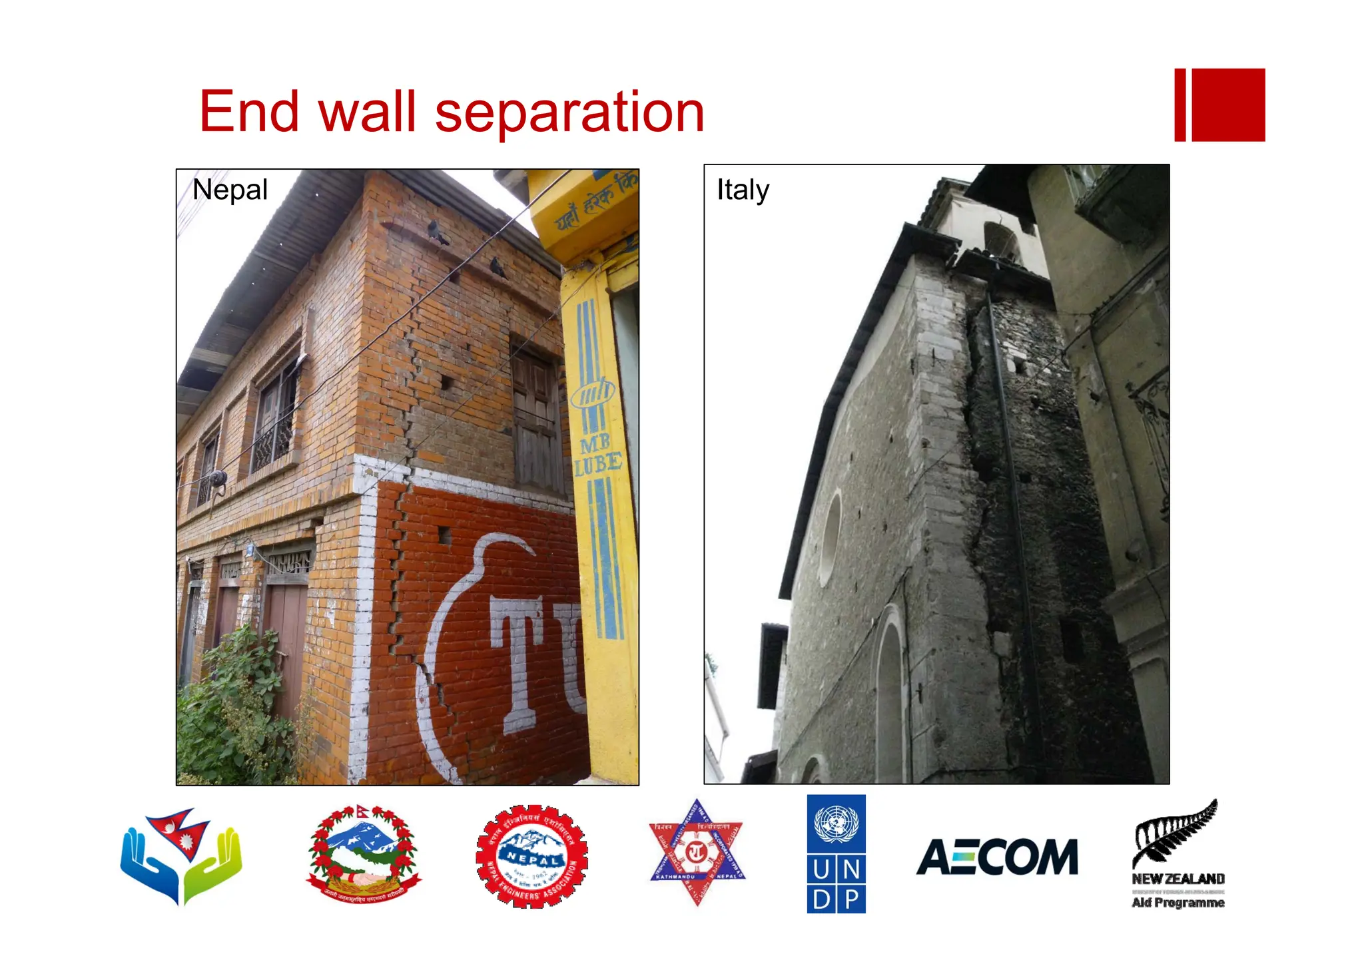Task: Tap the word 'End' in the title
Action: (x=248, y=112)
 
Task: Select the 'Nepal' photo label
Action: (x=230, y=190)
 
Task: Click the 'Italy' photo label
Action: (x=743, y=190)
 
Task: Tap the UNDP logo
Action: (x=836, y=853)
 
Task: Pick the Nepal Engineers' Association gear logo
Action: (x=531, y=856)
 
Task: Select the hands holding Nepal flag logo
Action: (x=181, y=856)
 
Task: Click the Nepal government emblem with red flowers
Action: (x=363, y=854)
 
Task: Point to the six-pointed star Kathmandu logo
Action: (x=697, y=852)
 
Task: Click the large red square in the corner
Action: (x=1227, y=105)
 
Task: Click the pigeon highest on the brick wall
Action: (x=437, y=232)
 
